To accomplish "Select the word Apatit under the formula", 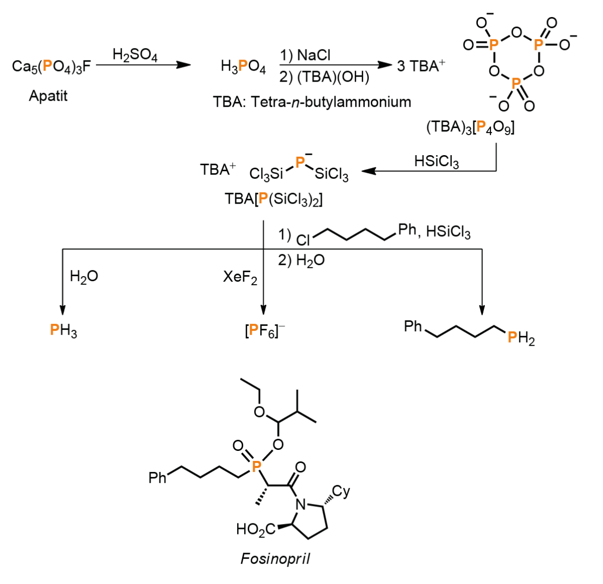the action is [x=48, y=96].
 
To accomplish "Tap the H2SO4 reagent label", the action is [x=135, y=55].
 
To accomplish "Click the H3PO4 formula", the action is [x=243, y=67].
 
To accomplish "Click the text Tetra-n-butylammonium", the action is [x=331, y=102].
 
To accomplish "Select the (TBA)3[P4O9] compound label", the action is [x=470, y=128].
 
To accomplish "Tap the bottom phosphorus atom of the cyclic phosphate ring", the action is [x=515, y=84].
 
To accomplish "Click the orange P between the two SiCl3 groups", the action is [x=300, y=162].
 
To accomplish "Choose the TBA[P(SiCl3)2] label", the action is [x=274, y=199].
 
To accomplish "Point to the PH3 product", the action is [x=63, y=330].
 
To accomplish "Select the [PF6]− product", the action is [x=265, y=331].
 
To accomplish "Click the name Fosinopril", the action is [x=275, y=559].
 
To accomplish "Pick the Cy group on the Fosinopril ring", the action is [x=341, y=491].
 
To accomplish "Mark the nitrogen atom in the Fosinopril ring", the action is [x=301, y=505].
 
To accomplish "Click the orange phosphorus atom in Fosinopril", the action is [x=256, y=466].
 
